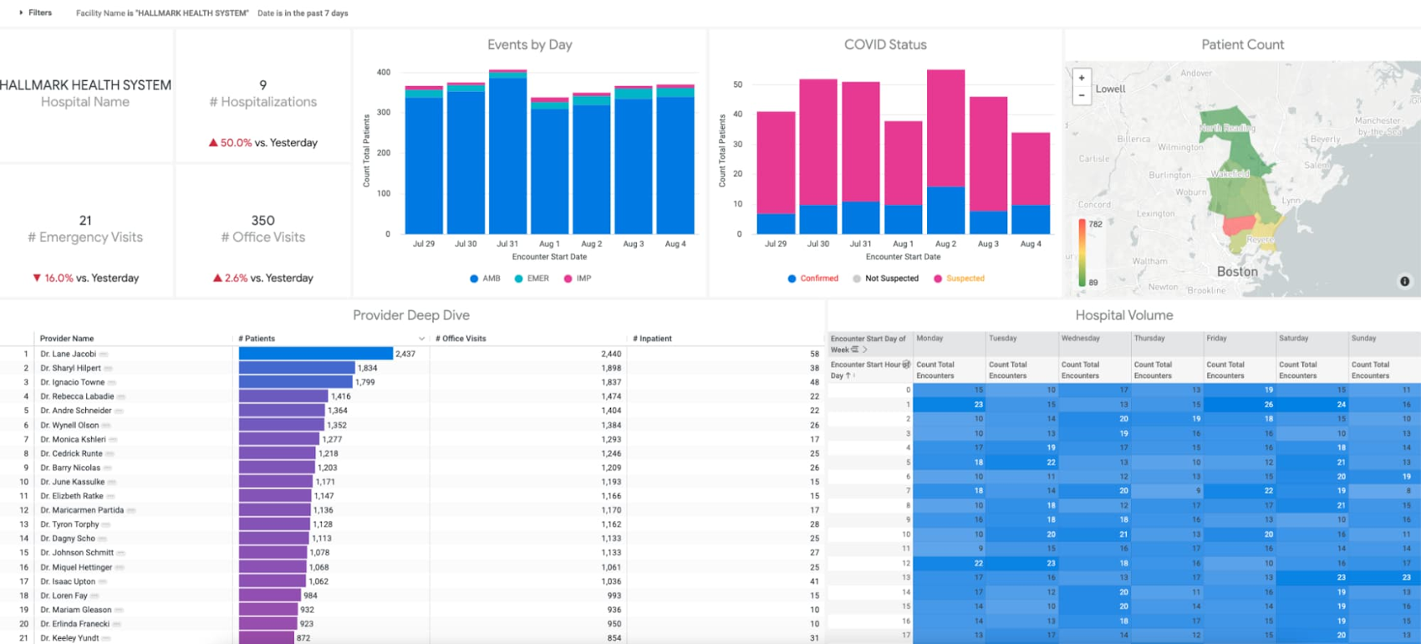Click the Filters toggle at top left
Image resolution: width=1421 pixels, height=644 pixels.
point(35,13)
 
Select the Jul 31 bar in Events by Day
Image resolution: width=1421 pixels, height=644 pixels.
point(507,155)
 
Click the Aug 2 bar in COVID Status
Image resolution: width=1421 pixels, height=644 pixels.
point(945,151)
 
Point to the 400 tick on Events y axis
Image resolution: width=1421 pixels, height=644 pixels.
point(383,73)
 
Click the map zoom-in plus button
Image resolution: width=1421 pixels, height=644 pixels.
point(1082,78)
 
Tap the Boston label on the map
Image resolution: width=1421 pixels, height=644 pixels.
point(1237,272)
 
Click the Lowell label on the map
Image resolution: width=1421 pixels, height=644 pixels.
point(1110,89)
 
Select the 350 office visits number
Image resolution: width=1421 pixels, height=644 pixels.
point(262,221)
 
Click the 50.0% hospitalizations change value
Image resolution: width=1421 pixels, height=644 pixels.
point(235,143)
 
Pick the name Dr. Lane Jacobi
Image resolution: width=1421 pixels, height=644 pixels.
point(68,354)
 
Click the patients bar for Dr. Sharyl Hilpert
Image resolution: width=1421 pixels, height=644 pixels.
point(297,368)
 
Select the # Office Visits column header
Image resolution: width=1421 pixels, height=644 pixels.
point(461,339)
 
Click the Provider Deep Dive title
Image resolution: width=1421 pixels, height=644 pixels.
point(410,315)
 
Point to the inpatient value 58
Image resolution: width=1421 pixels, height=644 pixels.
point(814,354)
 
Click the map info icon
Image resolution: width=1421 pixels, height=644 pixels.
point(1404,282)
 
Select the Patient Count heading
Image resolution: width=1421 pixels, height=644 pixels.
point(1242,45)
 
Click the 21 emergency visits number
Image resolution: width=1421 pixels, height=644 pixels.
point(85,221)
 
